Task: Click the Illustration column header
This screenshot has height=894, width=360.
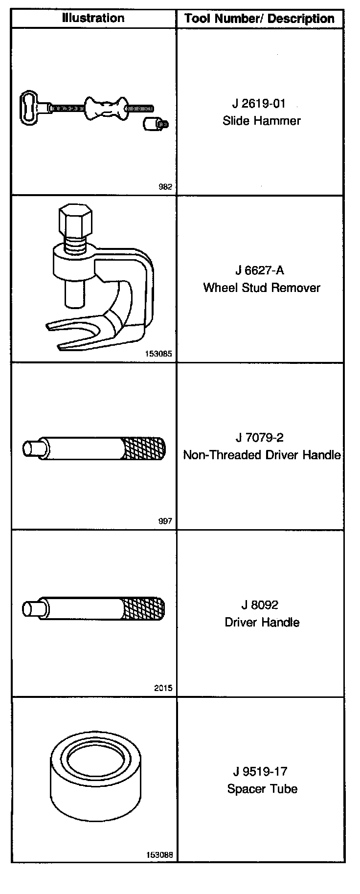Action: [x=93, y=19]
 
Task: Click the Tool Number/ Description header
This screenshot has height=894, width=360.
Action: [x=260, y=19]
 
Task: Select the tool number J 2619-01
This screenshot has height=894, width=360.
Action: [x=259, y=104]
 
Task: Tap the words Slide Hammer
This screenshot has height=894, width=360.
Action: [x=262, y=121]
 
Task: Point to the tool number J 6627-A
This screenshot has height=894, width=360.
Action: [x=260, y=270]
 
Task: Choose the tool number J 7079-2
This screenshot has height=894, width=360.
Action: [x=259, y=438]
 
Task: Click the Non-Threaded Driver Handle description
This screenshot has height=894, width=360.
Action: [x=262, y=455]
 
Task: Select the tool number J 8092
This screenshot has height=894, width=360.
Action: [x=260, y=605]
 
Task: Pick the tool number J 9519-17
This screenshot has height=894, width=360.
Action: [x=260, y=772]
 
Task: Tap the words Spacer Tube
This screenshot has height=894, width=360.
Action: [x=262, y=789]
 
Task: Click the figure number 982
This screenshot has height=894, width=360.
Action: [x=166, y=187]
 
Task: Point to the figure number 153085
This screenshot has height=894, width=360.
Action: [x=159, y=354]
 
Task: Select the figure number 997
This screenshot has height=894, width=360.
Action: [x=166, y=521]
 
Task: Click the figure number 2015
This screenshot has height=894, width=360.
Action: [x=163, y=688]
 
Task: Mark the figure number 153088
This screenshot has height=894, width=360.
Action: [x=159, y=855]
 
